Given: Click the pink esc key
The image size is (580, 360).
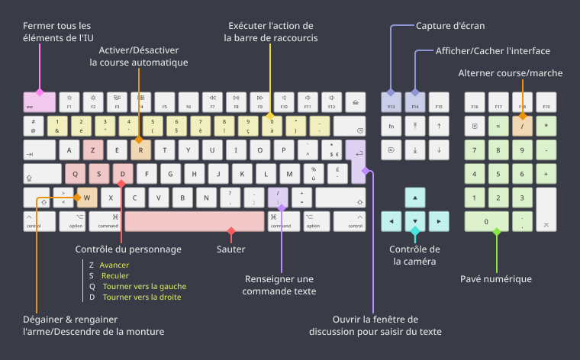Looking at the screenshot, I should point(39,102).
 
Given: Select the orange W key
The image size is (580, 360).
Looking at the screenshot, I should point(87,198).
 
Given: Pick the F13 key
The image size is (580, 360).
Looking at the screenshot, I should point(391,102).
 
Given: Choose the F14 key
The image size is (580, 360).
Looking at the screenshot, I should point(414,102).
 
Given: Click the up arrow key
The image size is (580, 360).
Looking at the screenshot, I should point(414,198).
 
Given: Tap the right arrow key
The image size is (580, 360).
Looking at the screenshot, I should point(438,222).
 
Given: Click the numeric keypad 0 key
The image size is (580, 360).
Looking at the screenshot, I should point(486,222).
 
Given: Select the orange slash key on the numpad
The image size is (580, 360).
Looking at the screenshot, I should point(522,125).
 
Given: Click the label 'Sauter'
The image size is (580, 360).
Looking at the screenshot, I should point(230,249).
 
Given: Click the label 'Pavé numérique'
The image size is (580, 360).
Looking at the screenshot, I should point(495,278).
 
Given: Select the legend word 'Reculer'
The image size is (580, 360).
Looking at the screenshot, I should point(115,275).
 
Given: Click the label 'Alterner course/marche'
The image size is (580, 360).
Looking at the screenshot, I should point(510,73).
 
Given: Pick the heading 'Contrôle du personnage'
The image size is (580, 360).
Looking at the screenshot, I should point(128,249).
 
